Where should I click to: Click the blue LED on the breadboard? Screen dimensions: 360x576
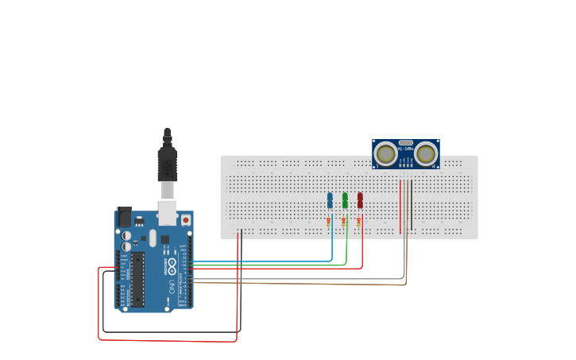330,199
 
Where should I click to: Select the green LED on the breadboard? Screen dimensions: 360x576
345,199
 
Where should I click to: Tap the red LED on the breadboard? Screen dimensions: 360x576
360,199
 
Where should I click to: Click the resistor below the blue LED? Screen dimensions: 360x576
329,222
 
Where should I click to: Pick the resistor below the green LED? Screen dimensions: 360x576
344,222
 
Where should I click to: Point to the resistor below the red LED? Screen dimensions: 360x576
359,222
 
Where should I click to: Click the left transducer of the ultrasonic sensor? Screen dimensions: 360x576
386,153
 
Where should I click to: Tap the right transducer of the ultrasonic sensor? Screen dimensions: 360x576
426,153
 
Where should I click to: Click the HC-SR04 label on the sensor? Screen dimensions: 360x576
406,149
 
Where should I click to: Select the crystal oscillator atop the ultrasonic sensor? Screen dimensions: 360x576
406,143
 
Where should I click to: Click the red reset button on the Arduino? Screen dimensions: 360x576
186,219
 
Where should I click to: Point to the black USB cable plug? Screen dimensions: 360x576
167,163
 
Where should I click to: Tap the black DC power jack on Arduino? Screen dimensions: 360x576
124,216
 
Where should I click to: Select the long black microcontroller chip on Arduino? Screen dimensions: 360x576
137,279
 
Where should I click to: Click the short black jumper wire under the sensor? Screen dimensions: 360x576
412,205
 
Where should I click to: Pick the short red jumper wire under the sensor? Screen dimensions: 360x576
400,205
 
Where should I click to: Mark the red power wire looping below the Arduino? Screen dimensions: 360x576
167,341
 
